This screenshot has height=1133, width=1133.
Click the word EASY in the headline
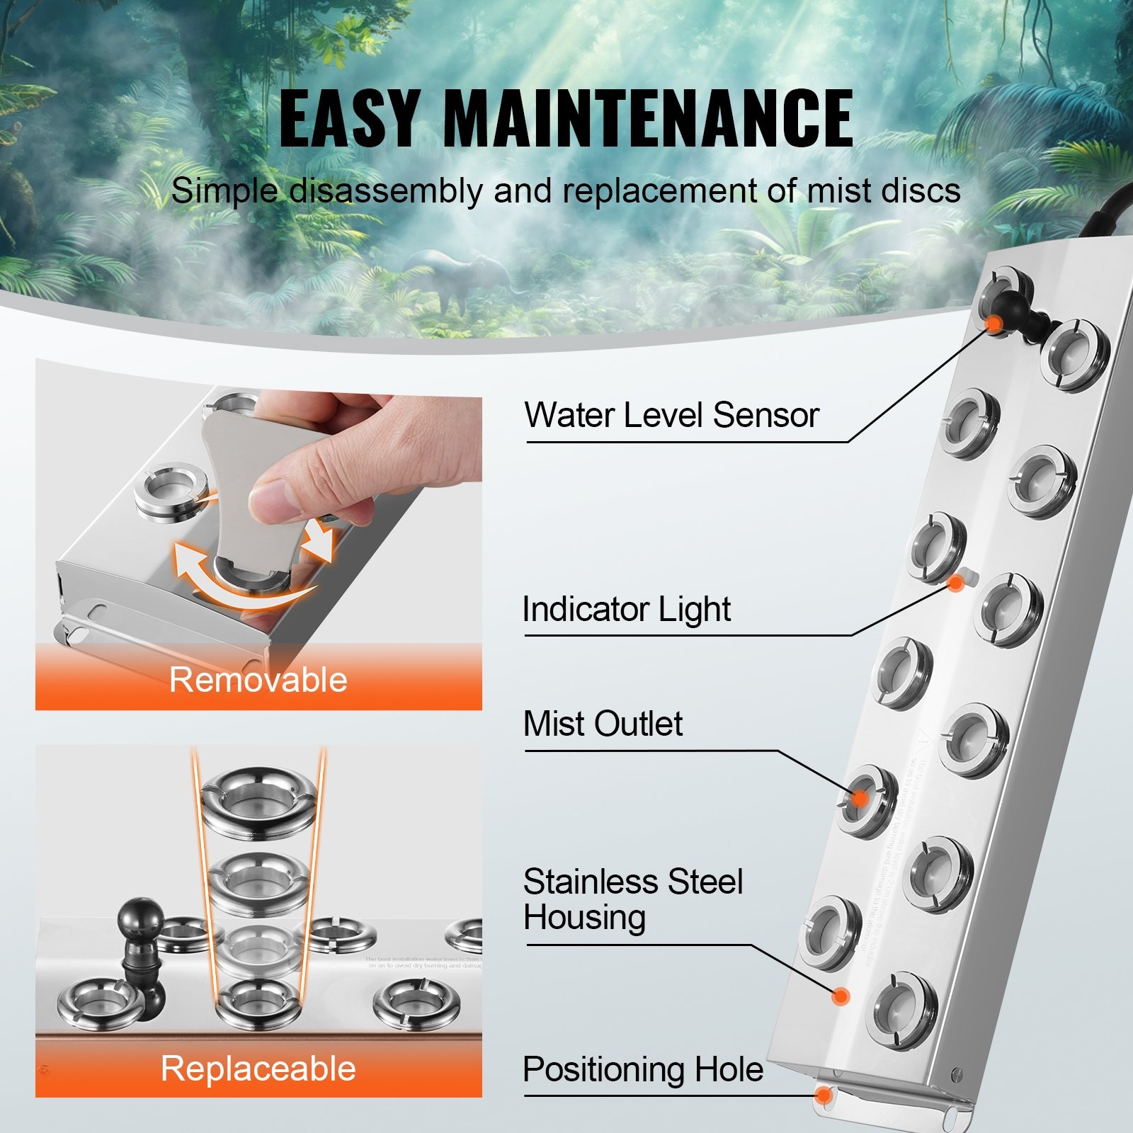348,118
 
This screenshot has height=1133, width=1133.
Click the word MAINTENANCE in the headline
647,118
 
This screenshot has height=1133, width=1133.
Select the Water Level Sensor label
671,415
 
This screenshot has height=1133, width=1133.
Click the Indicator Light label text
626,609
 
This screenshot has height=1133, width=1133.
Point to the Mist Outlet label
603,724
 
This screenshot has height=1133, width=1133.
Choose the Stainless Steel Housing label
632,899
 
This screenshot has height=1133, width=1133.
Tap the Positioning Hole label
642,1069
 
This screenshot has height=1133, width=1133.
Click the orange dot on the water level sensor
995,323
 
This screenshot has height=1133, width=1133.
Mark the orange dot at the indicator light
956,583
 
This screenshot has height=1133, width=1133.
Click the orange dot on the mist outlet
860,799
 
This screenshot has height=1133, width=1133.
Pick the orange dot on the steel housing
841,996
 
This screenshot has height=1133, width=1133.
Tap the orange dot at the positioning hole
824,1095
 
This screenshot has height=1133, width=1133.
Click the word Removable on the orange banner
258,680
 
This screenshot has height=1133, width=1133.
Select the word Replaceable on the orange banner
258,1069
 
